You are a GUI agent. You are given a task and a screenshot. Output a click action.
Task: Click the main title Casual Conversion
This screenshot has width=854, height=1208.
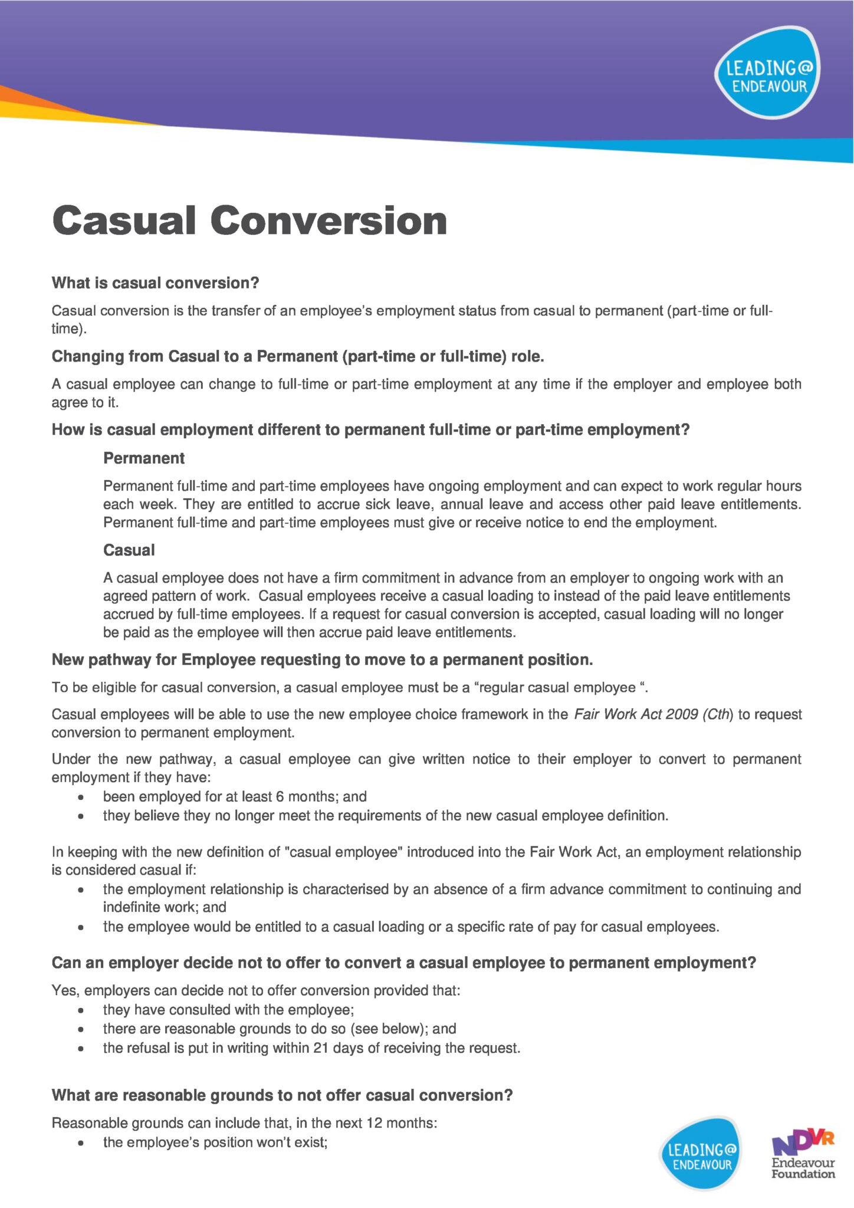coord(249,221)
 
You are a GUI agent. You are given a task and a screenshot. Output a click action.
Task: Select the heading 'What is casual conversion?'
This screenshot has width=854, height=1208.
coord(155,283)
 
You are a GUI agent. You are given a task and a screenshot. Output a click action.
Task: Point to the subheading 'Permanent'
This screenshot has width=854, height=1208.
coord(144,458)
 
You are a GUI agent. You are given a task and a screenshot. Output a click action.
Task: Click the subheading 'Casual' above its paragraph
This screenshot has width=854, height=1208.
coord(129,550)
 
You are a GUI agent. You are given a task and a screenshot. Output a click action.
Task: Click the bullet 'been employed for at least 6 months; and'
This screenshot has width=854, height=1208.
coord(235,797)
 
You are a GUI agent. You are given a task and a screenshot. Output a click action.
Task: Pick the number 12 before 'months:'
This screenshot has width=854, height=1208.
coord(375,1123)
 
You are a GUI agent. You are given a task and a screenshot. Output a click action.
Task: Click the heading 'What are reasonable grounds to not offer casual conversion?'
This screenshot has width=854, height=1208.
coord(282,1095)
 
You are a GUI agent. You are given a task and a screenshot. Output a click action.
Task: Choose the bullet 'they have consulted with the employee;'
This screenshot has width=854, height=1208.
coord(228,1010)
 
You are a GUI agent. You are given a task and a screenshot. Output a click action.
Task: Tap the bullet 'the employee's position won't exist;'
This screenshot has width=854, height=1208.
coord(215,1143)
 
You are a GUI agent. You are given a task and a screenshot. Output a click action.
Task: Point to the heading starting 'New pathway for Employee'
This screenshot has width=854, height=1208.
coord(322,660)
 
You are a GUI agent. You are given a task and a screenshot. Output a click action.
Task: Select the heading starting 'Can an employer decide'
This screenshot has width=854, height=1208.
coord(403,963)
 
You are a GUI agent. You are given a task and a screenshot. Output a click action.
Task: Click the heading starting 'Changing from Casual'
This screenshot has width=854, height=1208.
coord(298,357)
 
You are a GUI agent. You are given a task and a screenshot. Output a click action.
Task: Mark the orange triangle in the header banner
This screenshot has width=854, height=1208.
coord(35,99)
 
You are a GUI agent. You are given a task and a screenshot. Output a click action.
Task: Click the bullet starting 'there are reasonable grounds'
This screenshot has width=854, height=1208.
coord(280,1029)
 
